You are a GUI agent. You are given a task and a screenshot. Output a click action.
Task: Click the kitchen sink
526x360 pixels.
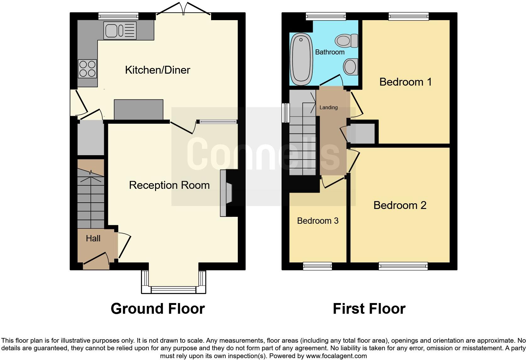pos(120,31)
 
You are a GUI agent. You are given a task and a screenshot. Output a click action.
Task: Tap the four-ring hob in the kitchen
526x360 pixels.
pos(87,69)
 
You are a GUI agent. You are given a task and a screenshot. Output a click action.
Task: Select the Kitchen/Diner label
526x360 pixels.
pos(158,70)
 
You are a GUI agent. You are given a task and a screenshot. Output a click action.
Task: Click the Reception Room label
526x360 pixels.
pos(169,185)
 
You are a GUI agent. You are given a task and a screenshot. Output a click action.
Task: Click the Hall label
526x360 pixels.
pos(93,238)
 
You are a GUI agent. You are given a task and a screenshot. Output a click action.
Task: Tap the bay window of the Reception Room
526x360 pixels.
pos(174,282)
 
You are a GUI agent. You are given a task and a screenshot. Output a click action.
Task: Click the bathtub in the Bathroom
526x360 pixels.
pos(301,59)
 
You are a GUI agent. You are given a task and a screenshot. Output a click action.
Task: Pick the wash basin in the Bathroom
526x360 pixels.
pos(350,67)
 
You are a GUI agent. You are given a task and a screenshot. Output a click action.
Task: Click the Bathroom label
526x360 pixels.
pos(330,52)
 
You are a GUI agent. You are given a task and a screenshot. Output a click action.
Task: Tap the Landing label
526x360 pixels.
pos(328,107)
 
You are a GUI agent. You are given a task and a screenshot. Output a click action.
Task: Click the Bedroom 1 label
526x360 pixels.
pos(406,82)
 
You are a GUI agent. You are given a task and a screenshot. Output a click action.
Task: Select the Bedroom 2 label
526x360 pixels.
pos(400,205)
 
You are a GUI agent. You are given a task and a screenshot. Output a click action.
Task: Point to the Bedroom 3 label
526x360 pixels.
pos(318,221)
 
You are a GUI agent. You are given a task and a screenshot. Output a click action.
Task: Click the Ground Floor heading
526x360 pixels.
pos(158,309)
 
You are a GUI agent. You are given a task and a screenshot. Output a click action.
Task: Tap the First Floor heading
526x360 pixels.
pos(369,309)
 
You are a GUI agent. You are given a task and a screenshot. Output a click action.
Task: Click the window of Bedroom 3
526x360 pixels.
pos(317,266)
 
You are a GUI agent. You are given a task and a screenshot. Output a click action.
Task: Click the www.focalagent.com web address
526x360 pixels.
pos(336,356)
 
